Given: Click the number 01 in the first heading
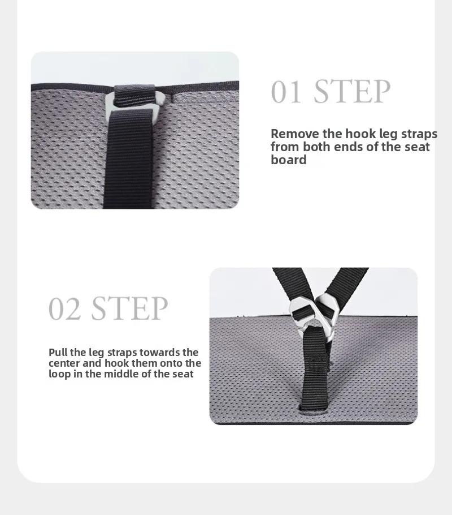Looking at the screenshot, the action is [286, 92].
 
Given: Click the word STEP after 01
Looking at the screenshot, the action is [353, 91].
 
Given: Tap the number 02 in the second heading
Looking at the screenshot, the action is [64, 309].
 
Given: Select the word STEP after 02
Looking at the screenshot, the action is [129, 308].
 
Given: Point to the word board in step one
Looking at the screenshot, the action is [289, 160].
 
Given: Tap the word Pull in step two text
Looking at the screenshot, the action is [58, 352].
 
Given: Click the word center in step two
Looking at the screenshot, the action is [64, 363].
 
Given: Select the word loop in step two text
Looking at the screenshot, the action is [59, 374].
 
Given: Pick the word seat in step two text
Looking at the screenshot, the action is [183, 374].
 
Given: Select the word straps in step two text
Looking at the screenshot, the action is [122, 353].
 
